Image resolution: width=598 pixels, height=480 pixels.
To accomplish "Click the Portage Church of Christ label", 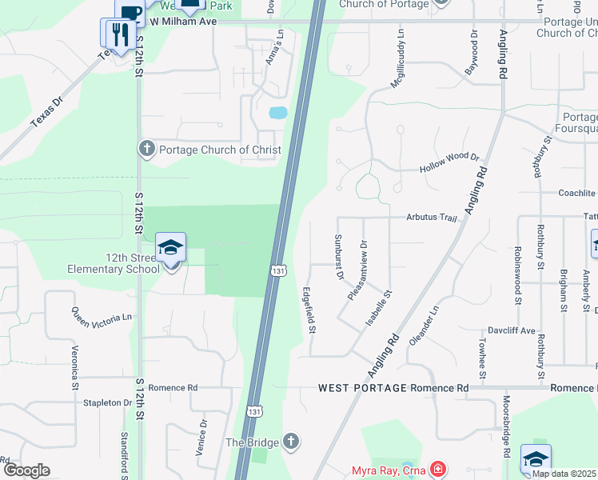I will click(x=220, y=150).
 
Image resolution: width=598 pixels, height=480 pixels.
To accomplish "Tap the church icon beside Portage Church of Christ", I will click(x=146, y=149).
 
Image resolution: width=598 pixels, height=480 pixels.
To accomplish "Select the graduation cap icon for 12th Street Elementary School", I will click(x=170, y=247).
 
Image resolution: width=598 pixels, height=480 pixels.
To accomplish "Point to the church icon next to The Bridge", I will click(x=291, y=442).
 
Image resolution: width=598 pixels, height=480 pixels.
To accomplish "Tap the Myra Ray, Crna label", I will click(x=388, y=470).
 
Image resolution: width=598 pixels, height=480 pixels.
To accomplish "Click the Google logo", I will click(x=26, y=470).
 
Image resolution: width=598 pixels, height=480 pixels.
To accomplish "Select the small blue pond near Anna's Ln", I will click(x=277, y=113).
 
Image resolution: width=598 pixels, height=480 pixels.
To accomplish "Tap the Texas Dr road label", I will click(x=46, y=113).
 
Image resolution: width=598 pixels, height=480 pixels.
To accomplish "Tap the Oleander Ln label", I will click(x=425, y=321).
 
